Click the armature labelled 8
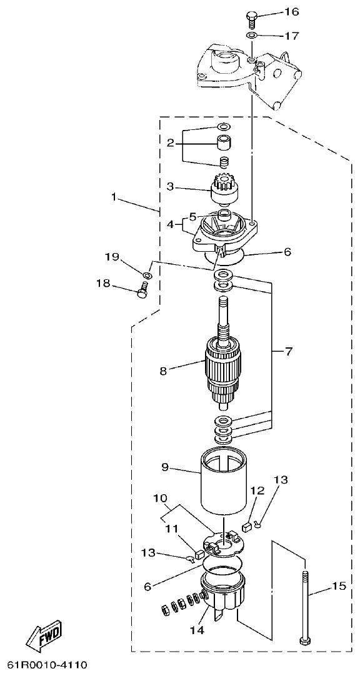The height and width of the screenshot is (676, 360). click(223, 372)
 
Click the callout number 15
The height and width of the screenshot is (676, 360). click(338, 586)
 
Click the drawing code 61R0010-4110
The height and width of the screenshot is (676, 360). click(47, 664)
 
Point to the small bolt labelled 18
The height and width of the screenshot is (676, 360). click(142, 291)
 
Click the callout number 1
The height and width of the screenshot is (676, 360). click(114, 196)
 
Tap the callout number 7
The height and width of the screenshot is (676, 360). click(288, 352)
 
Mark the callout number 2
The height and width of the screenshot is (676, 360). click(169, 143)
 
